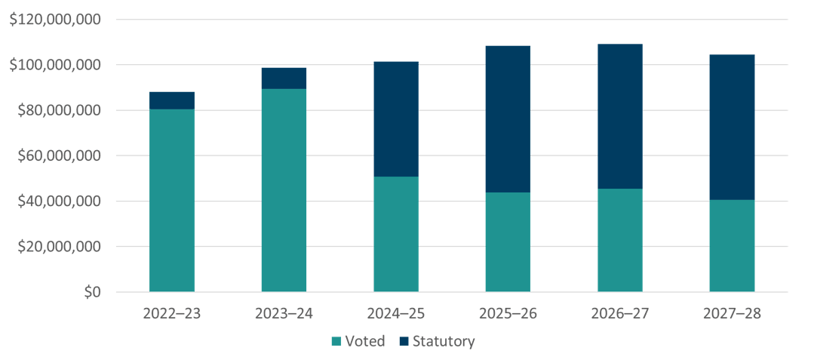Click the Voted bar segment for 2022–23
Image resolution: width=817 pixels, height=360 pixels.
tap(171, 200)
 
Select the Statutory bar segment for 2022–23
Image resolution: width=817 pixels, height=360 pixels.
tap(171, 100)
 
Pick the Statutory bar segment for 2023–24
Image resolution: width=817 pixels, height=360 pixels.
tap(284, 78)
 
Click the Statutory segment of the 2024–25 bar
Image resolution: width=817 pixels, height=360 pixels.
tap(396, 119)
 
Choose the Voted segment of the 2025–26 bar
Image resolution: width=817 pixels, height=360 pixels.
tap(508, 242)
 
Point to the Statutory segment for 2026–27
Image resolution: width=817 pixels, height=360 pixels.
tap(620, 116)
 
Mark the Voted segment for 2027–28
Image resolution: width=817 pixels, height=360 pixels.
tap(732, 245)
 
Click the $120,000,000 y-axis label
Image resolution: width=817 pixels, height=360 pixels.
tap(55, 20)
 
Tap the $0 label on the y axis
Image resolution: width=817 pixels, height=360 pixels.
tap(91, 292)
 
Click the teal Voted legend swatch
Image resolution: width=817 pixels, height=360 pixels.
tap(336, 342)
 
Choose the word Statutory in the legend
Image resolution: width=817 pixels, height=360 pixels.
tap(444, 341)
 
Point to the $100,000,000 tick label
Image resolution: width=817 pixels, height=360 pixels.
tap(55, 65)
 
